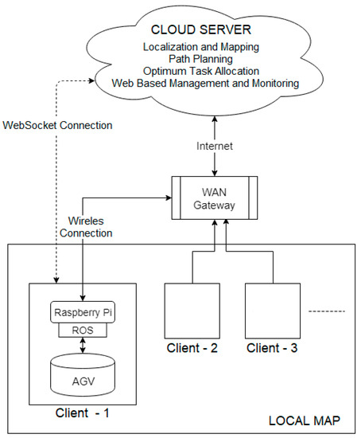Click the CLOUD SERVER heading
[x=201, y=29]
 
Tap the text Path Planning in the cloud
[x=201, y=59]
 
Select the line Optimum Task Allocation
[x=201, y=71]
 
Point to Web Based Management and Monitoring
[x=205, y=83]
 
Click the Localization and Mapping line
[x=201, y=47]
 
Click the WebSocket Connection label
[x=57, y=125]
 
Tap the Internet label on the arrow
[x=214, y=146]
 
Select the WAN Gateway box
[x=214, y=197]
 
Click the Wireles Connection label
[x=86, y=227]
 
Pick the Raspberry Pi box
[x=83, y=312]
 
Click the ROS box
[x=83, y=330]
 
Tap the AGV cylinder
[x=83, y=375]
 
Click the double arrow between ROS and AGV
[x=83, y=346]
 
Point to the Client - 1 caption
[x=83, y=413]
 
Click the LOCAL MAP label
[x=304, y=421]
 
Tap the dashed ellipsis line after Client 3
[x=327, y=311]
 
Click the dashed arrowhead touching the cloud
[x=91, y=80]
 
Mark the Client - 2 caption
[x=192, y=348]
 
